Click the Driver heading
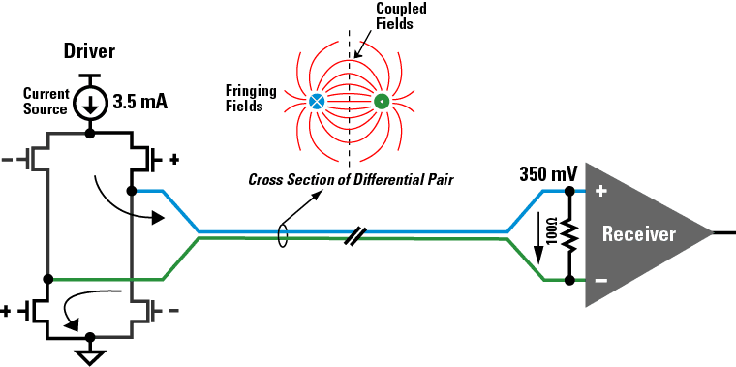click(x=90, y=49)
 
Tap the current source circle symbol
click(x=90, y=102)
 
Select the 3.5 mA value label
click(x=141, y=101)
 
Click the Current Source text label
click(x=46, y=102)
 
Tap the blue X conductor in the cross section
click(x=317, y=101)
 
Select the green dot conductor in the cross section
click(x=381, y=101)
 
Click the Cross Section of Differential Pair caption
click(x=351, y=179)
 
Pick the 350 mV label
click(x=548, y=175)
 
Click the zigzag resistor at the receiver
click(x=568, y=235)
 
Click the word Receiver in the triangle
click(x=638, y=234)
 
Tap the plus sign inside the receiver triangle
click(x=600, y=192)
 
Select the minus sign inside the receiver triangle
click(x=600, y=281)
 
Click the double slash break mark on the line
click(x=355, y=234)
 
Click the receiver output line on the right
click(x=724, y=233)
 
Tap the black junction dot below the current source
click(x=90, y=134)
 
